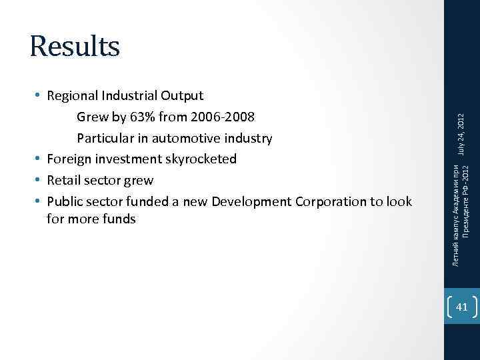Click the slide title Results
pos(75,46)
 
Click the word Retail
pos(65,180)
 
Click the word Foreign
pos(69,159)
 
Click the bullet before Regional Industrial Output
pos(38,97)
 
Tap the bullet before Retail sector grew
pos(38,180)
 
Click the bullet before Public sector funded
pos(38,201)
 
